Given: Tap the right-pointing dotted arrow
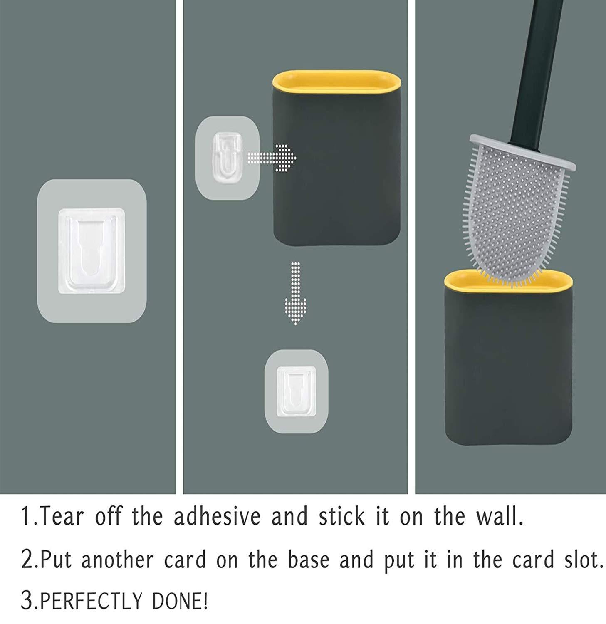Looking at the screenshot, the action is pyautogui.click(x=272, y=158).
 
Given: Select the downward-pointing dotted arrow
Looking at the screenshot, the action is pyautogui.click(x=295, y=293).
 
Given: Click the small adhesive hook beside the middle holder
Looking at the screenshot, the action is pyautogui.click(x=228, y=158).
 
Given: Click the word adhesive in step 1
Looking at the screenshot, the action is pyautogui.click(x=217, y=516).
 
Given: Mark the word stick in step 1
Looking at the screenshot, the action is pyautogui.click(x=342, y=516).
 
